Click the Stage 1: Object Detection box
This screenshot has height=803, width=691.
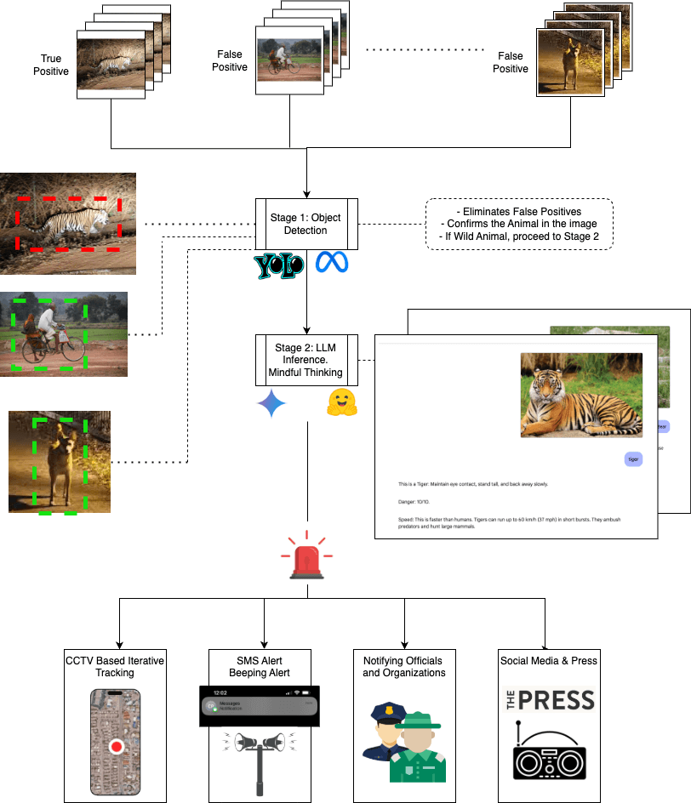(x=306, y=224)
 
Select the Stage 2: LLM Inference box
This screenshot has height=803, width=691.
(x=306, y=361)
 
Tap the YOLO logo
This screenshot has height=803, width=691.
(x=279, y=265)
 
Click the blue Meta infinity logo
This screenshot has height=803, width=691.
(x=333, y=263)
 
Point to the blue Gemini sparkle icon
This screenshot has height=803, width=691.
(x=271, y=405)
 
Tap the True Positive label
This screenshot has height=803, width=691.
(x=51, y=65)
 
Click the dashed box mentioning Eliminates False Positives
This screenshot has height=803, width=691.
(x=518, y=224)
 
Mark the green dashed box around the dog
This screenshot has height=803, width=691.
(x=54, y=464)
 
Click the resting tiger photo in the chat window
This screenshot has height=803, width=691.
(x=581, y=396)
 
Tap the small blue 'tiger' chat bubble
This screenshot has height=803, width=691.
(x=632, y=458)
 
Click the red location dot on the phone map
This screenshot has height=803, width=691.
(x=117, y=747)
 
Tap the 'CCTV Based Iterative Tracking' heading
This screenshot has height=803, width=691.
(x=115, y=666)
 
